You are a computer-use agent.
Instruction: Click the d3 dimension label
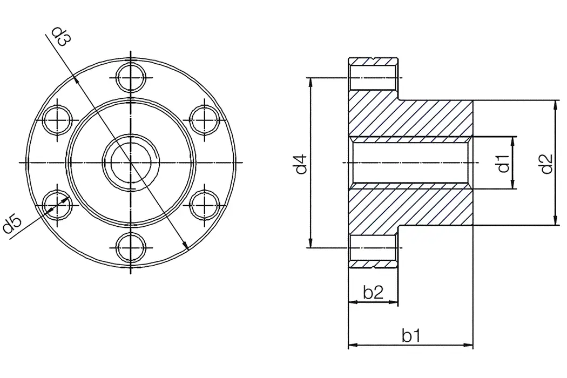[x=61, y=37]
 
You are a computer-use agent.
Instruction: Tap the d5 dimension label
[x=12, y=224]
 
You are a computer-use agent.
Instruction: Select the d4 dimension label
[x=301, y=164]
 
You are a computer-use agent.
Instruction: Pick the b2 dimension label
[x=373, y=293]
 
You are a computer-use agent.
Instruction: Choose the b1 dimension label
[x=411, y=335]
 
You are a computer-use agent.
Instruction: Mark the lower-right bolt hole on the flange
[x=205, y=205]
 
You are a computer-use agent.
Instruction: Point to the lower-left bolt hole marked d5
[x=57, y=205]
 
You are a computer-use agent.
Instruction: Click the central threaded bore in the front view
[x=131, y=162]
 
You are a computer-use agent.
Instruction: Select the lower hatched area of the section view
[x=410, y=208]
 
